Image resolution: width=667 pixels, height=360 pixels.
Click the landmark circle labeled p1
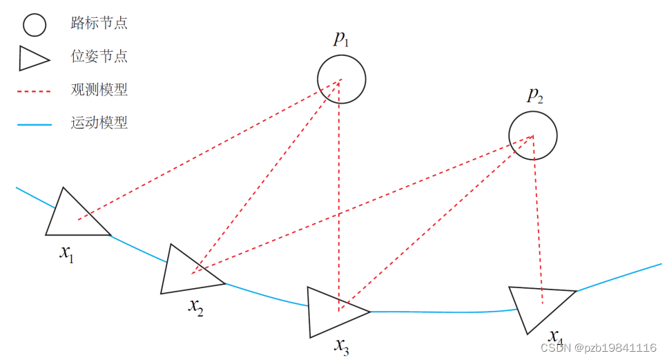(341, 79)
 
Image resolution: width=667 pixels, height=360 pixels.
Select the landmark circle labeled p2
(532, 135)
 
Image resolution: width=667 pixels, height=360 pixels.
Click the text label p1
(341, 39)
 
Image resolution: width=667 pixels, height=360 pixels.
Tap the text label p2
(534, 95)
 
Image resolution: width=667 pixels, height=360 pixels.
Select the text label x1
(67, 254)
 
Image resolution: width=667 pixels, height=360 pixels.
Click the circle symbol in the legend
(34, 25)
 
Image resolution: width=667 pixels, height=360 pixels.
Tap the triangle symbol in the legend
(32, 59)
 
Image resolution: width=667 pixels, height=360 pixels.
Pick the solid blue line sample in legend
(34, 124)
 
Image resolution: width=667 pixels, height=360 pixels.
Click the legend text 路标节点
(99, 23)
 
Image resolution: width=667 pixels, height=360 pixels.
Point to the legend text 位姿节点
(99, 57)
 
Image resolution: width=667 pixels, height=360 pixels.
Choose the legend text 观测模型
(99, 90)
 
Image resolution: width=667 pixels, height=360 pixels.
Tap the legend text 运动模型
(99, 124)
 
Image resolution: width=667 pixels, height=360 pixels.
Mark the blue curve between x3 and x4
(442, 312)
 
